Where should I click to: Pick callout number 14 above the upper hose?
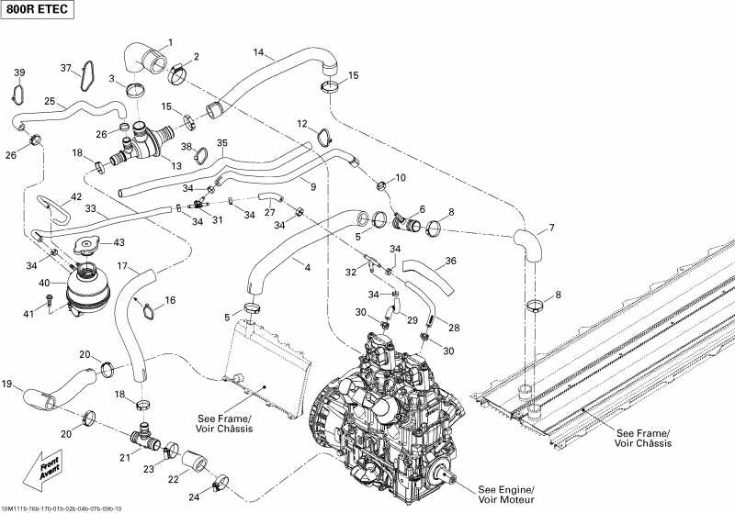[x=258, y=51]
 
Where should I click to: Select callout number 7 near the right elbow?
[x=551, y=228]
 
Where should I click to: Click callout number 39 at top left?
[x=19, y=72]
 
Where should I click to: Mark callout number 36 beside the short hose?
[x=450, y=261]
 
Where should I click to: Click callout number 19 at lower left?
[x=7, y=384]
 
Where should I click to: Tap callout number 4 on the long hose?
[x=307, y=267]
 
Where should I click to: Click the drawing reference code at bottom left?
[x=68, y=508]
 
